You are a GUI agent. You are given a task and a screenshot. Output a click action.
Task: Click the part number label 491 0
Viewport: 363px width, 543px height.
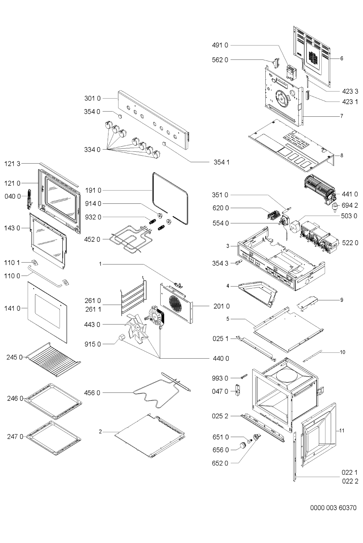tap(220, 45)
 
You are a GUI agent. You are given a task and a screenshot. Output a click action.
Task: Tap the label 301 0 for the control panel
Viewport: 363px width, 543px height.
tap(92, 99)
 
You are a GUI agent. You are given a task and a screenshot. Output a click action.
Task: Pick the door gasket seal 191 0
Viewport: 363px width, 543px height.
tap(170, 198)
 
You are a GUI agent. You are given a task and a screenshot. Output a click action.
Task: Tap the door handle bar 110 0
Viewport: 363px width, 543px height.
tap(45, 276)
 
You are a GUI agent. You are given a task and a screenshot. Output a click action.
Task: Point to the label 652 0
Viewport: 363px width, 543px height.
tap(220, 463)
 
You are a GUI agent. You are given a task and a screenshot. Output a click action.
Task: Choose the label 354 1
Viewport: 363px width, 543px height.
tap(221, 162)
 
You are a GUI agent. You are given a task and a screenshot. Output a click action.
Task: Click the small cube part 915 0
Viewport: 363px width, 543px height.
tap(121, 337)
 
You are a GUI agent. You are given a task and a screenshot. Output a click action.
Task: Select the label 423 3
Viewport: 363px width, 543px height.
tap(350, 91)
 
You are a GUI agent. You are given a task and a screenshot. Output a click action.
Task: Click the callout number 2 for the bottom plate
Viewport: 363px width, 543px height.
tap(100, 432)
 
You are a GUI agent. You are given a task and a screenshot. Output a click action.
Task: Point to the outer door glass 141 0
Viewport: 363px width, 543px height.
tap(47, 312)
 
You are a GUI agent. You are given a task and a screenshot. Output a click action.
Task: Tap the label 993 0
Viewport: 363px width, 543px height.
tap(220, 378)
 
